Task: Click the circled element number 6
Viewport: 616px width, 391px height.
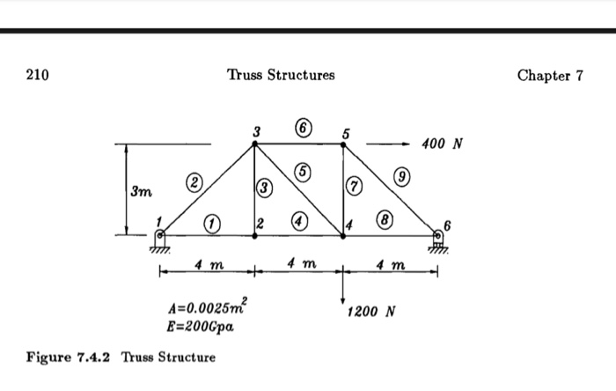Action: [x=304, y=128]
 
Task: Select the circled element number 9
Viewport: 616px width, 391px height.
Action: [x=402, y=176]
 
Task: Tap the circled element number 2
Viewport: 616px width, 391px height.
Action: [x=194, y=182]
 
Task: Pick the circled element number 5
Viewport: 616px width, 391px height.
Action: [x=303, y=172]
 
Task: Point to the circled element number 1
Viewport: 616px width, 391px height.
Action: [x=212, y=224]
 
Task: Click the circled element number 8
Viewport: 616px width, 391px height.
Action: [x=385, y=219]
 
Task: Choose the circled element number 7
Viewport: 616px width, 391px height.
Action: [x=355, y=186]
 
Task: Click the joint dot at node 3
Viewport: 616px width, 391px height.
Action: [x=254, y=144]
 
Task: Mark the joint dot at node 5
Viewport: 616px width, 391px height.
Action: [x=343, y=144]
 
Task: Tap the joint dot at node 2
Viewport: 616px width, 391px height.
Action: [x=254, y=236]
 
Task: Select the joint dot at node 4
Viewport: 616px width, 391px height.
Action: [x=343, y=236]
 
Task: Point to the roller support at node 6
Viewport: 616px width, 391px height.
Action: [x=437, y=241]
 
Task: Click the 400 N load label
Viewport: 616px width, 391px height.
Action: [x=442, y=144]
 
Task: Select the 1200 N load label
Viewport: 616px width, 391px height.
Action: [x=371, y=312]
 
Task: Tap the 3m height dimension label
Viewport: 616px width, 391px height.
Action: [x=142, y=191]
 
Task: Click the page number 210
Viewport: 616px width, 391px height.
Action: [x=38, y=75]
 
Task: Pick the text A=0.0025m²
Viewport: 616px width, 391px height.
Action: [x=208, y=306]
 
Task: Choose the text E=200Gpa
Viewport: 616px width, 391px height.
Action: [x=201, y=327]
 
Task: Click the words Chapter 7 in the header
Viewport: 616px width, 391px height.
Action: [x=550, y=75]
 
